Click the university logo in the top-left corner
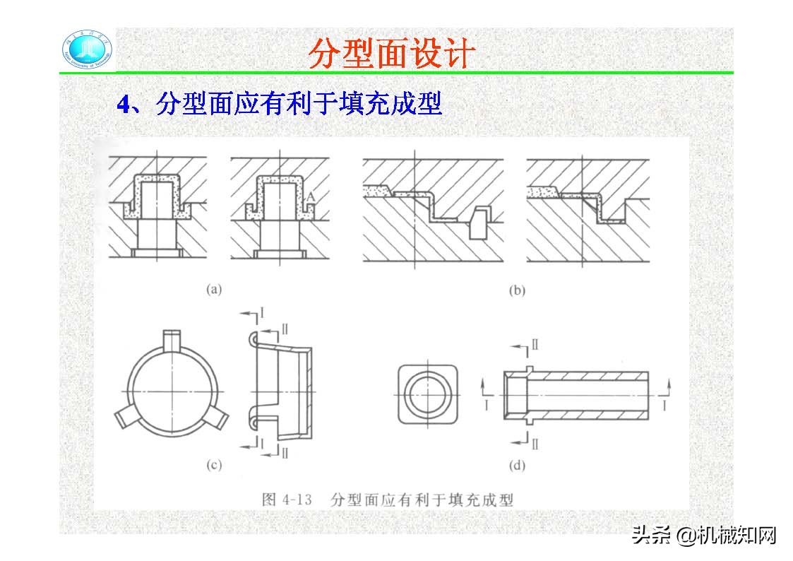tap(88, 51)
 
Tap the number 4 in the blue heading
tap(123, 105)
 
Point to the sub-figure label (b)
tap(516, 290)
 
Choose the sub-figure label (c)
tap(213, 464)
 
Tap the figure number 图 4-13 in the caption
tap(287, 499)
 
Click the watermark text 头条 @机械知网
tap(703, 535)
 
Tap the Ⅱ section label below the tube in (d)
tap(535, 444)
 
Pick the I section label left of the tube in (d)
tap(486, 403)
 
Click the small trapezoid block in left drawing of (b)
tap(480, 223)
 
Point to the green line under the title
tap(424, 72)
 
